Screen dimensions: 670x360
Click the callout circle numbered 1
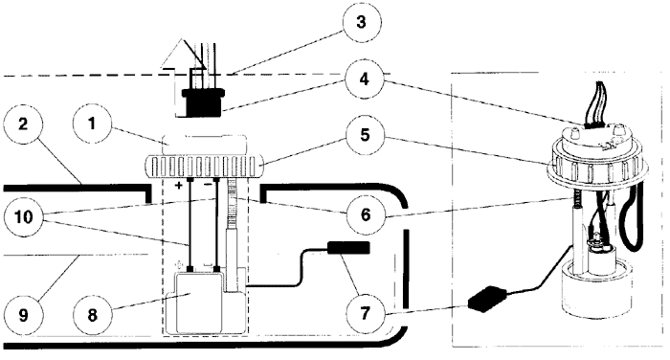(x=92, y=124)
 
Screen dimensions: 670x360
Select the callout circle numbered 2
(x=23, y=124)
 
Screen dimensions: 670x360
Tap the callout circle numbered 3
(x=362, y=22)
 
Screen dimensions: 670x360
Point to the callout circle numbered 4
(x=365, y=79)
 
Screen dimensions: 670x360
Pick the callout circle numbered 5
(x=365, y=136)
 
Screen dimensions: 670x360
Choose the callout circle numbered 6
(x=366, y=214)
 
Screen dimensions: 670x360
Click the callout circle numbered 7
(x=365, y=314)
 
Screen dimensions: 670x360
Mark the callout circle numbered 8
(x=92, y=315)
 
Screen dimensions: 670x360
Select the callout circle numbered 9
(x=23, y=315)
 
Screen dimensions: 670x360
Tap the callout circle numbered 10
(x=23, y=216)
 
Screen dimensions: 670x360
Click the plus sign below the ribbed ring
(x=179, y=185)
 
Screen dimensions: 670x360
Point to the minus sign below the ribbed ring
(x=208, y=185)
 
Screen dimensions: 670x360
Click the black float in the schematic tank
(x=348, y=248)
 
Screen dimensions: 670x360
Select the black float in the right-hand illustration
(x=487, y=299)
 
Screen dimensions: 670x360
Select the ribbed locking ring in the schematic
(x=205, y=168)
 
